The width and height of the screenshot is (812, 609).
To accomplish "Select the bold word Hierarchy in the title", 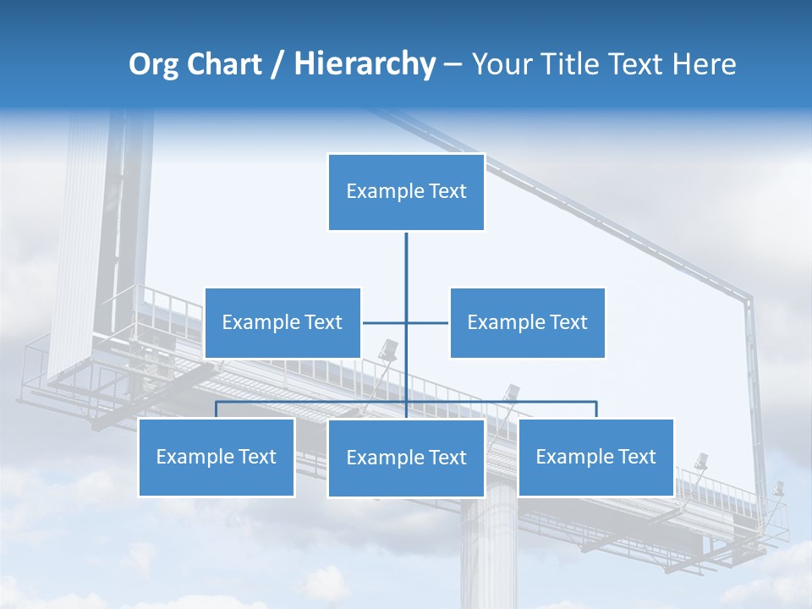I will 365,64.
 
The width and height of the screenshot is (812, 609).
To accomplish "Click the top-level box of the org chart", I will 406,192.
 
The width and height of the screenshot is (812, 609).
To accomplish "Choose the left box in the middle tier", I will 283,322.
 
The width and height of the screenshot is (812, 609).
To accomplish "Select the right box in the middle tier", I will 527,322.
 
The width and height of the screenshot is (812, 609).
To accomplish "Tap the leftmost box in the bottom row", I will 217,457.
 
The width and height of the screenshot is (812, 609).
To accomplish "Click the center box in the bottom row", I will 406,458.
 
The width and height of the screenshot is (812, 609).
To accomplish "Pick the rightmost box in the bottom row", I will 596,457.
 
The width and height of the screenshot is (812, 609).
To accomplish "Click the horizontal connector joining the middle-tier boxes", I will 385,322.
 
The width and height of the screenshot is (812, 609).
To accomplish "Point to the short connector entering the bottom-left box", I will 217,410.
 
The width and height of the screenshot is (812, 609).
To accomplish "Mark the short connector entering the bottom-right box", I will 596,410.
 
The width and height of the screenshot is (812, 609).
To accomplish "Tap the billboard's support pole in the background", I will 488,550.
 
